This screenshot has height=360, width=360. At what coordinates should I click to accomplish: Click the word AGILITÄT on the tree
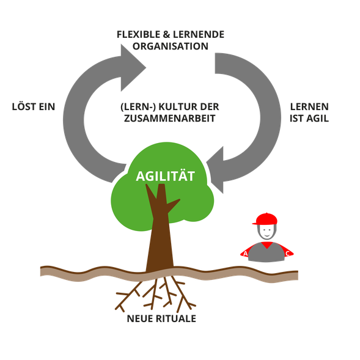pos(165,176)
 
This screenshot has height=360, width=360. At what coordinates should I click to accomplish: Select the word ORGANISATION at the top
pos(171,46)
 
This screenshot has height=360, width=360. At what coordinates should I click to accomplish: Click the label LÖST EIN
pos(34,106)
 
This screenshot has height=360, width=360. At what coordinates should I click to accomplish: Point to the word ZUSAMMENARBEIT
pos(170,119)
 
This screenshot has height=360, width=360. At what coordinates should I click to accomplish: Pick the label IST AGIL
pos(309,119)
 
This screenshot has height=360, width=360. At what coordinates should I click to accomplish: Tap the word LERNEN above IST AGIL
pos(309,107)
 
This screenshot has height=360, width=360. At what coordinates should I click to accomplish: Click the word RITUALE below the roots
pos(176,318)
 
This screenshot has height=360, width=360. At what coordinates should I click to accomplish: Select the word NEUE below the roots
pos(140,318)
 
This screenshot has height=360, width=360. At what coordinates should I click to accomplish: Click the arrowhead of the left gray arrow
pos(133,68)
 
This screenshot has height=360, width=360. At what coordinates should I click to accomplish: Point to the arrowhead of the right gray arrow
pos(215,170)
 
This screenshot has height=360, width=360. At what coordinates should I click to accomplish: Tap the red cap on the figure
pos(265,219)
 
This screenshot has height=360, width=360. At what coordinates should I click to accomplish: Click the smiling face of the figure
pos(266,231)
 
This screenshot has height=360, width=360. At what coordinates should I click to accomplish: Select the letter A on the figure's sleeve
pos(246,254)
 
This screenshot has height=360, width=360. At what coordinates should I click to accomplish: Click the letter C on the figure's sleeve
pos(287,254)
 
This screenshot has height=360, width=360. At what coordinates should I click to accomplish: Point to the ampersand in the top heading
pos(166,34)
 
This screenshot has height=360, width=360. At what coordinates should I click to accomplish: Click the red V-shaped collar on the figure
pos(266,245)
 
